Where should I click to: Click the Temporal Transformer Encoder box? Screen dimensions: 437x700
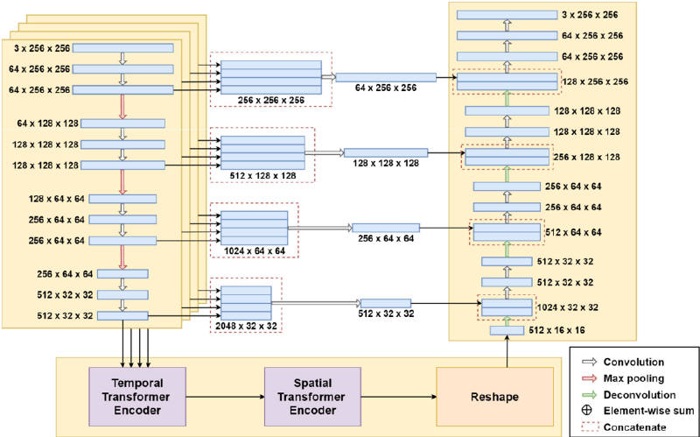(x=137, y=396)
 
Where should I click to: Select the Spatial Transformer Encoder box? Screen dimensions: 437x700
(x=312, y=396)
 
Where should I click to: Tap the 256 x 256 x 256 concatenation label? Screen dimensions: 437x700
(x=271, y=100)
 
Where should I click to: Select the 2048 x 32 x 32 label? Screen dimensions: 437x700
(x=246, y=326)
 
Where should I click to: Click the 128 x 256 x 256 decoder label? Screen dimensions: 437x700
(x=595, y=81)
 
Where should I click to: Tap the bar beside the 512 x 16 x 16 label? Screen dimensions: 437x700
(x=507, y=330)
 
